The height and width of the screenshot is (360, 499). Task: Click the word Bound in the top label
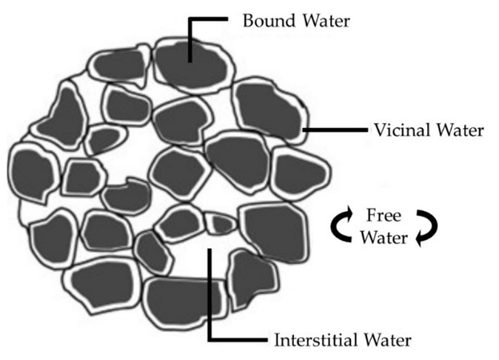coord(269,21)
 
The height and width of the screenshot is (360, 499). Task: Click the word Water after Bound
coord(326,21)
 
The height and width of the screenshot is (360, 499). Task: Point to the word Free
coord(384,215)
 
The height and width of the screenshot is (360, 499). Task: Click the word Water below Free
coord(384,238)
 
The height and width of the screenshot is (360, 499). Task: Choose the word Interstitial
coord(315,340)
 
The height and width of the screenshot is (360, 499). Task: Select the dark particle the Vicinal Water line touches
coord(269,110)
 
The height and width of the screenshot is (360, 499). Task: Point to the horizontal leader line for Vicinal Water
coord(335,130)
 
